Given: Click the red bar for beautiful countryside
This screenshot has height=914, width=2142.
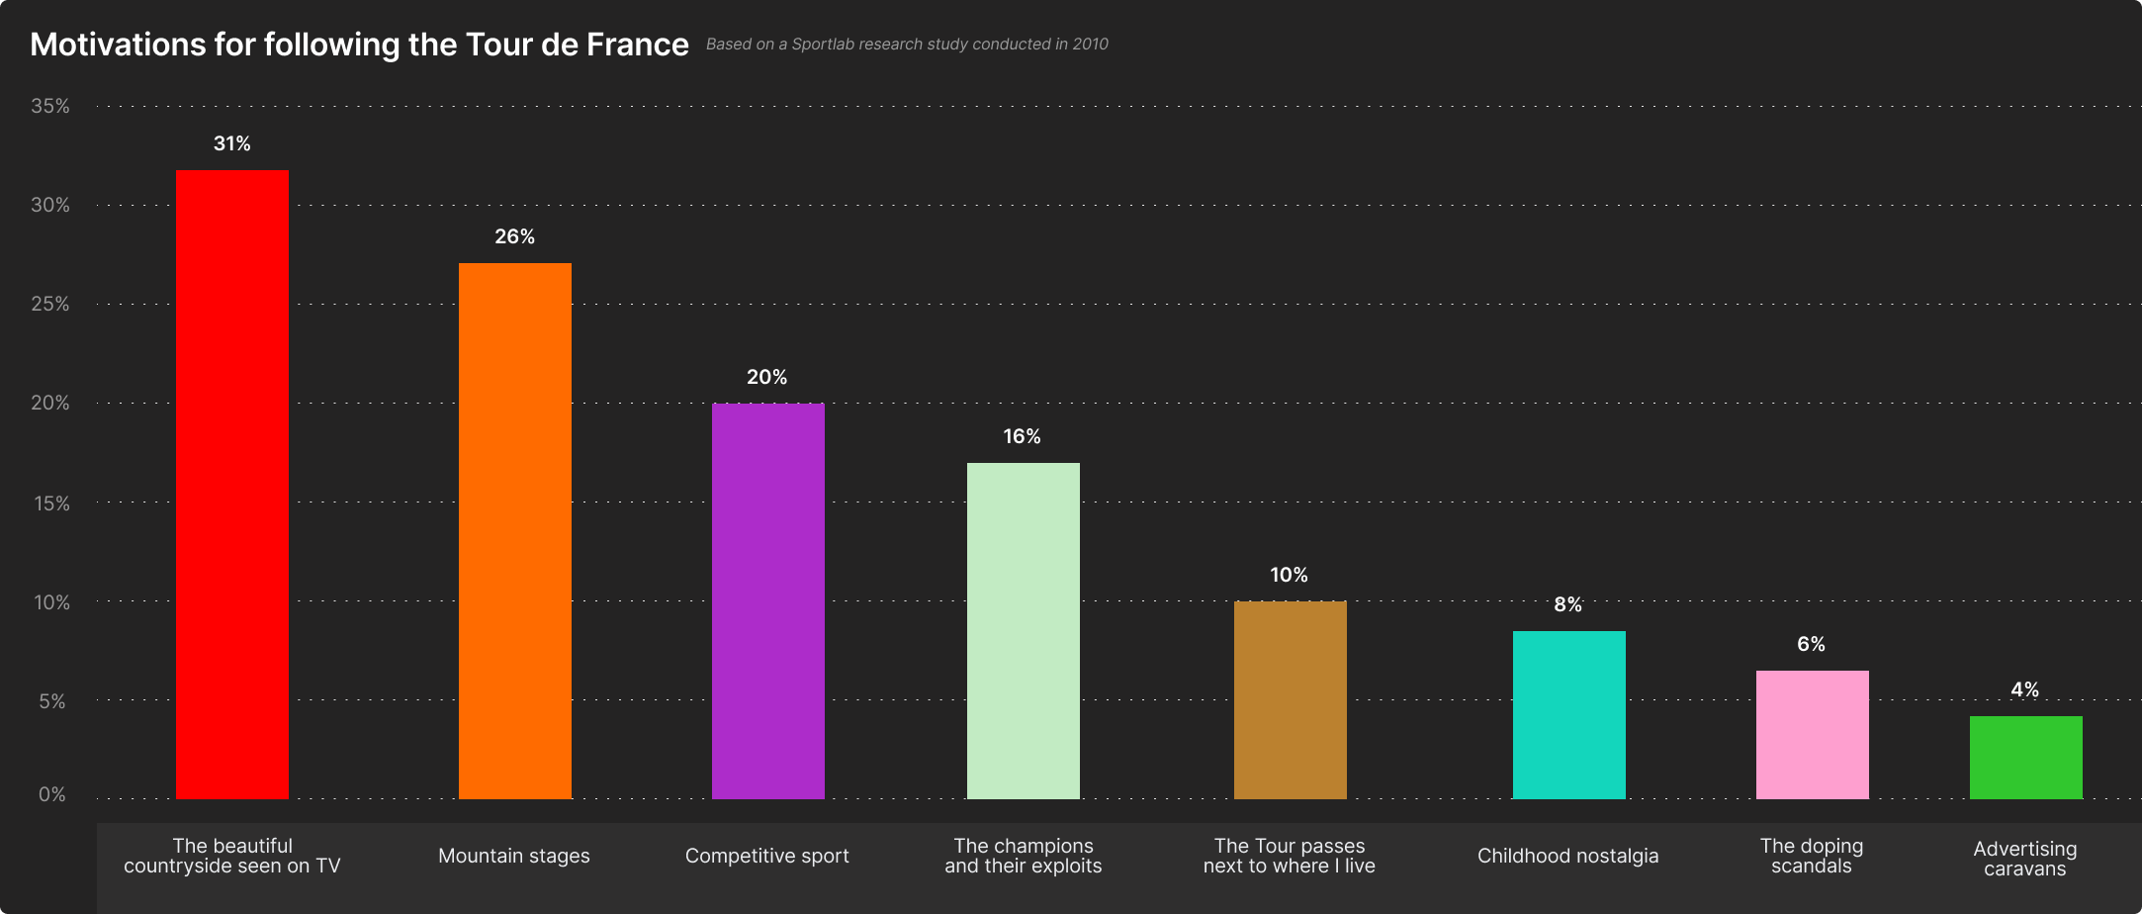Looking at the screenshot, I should [x=232, y=485].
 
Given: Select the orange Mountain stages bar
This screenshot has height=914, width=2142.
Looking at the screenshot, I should [x=515, y=531].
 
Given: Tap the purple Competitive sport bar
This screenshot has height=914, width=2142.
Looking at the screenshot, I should [x=768, y=601].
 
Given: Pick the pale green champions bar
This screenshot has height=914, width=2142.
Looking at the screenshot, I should [x=1024, y=631].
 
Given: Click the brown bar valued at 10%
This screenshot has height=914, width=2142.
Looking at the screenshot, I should [x=1291, y=700].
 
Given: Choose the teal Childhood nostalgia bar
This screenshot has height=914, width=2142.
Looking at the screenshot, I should [x=1569, y=715].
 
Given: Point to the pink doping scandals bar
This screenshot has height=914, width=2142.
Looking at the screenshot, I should [x=1813, y=735].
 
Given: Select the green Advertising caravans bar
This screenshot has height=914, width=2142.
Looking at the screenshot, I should [x=2026, y=758].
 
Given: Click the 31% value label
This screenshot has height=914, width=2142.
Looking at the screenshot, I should [x=232, y=144].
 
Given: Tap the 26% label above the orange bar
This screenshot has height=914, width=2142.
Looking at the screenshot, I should [x=515, y=237].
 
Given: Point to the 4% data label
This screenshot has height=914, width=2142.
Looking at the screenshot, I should [x=2025, y=690].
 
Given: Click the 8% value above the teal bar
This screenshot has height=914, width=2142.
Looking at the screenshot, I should [x=1568, y=605].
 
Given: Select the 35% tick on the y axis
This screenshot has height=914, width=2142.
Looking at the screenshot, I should [x=50, y=106].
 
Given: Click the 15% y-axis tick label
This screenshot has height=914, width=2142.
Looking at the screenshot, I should [x=51, y=503].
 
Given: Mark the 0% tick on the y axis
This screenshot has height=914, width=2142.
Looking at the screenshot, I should [x=52, y=795].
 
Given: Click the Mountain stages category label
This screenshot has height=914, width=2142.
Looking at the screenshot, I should [x=514, y=857].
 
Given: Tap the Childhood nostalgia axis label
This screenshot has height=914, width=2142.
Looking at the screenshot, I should [x=1568, y=857].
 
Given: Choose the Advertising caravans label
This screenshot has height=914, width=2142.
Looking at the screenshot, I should [x=2025, y=859].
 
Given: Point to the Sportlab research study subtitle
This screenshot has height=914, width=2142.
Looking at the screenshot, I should [x=907, y=45].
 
